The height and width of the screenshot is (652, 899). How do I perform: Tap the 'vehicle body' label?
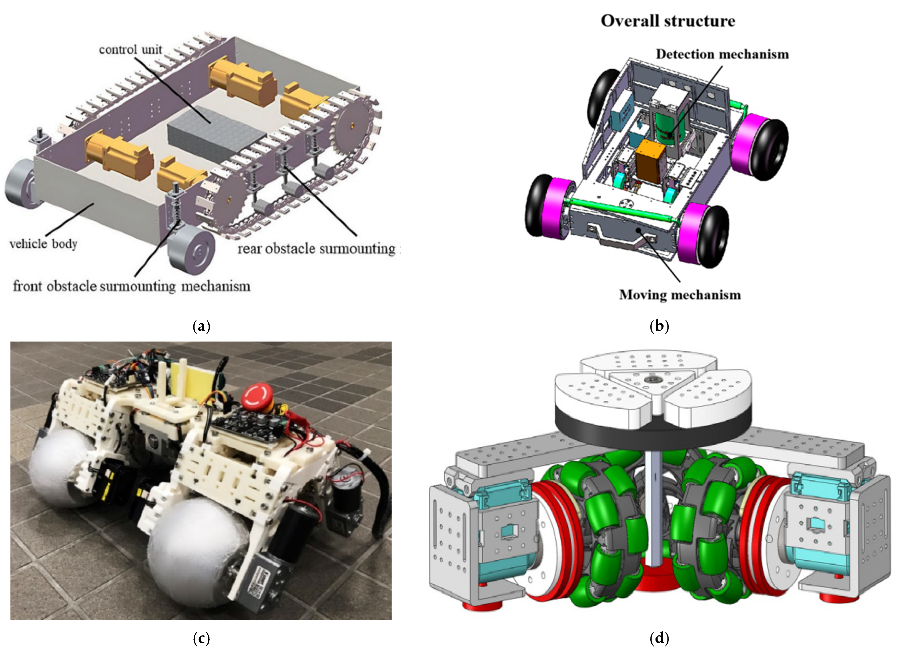coord(43,244)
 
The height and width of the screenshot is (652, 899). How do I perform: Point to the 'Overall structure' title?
coord(668,21)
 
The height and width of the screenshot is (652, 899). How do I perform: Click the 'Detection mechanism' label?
coord(722,54)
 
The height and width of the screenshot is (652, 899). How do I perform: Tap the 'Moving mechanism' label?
coord(680,295)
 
